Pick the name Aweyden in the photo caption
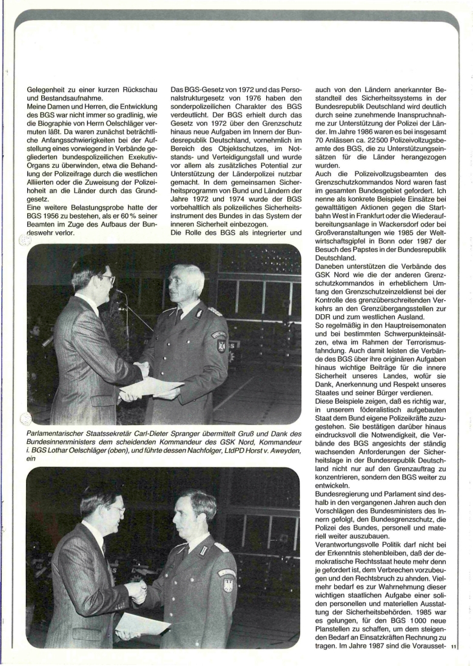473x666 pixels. (283, 449)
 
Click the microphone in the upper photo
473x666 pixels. (115, 291)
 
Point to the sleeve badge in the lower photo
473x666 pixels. (227, 582)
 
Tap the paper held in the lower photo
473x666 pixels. (143, 623)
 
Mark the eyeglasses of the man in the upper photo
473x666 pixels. (106, 279)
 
